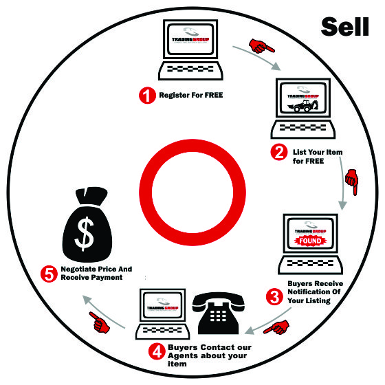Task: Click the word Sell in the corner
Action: (x=344, y=27)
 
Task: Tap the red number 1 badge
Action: (x=147, y=96)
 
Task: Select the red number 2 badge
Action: (x=279, y=153)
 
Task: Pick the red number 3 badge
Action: (x=274, y=296)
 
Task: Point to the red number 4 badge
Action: (x=157, y=351)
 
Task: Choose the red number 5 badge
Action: (x=49, y=274)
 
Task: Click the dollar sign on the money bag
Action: (x=84, y=234)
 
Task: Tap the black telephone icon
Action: (x=219, y=313)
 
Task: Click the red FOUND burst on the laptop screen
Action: (x=310, y=241)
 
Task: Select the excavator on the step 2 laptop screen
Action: (x=303, y=106)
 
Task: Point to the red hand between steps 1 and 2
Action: (x=261, y=46)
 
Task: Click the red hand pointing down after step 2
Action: (x=352, y=182)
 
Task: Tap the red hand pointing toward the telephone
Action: (x=276, y=327)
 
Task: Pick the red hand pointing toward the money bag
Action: (x=100, y=322)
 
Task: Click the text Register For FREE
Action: (x=191, y=95)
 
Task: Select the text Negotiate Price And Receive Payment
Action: (x=96, y=273)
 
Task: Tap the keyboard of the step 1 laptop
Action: (x=190, y=70)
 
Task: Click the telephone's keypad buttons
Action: (x=218, y=316)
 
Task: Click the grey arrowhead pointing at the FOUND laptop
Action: (x=342, y=206)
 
